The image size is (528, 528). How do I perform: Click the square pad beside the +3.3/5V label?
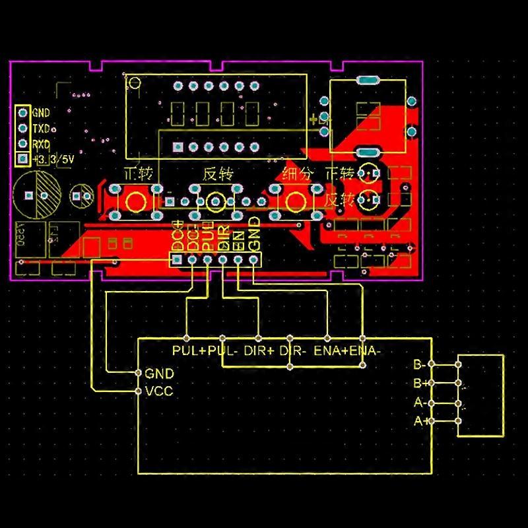(x=22, y=159)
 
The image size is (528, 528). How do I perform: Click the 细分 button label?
(x=295, y=175)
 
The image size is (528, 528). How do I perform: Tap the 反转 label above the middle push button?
(x=217, y=175)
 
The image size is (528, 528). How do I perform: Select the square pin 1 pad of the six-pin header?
(x=176, y=260)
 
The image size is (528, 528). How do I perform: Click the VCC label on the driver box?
(x=158, y=391)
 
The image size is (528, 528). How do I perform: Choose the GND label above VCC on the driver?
(x=158, y=374)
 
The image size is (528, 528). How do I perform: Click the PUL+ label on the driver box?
(x=189, y=351)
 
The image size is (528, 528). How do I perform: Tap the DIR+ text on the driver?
(x=259, y=351)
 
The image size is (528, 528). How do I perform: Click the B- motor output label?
(x=420, y=364)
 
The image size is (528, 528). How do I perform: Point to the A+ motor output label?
(x=420, y=421)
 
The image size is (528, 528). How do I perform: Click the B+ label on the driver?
(x=420, y=383)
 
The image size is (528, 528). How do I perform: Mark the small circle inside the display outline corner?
(x=134, y=83)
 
